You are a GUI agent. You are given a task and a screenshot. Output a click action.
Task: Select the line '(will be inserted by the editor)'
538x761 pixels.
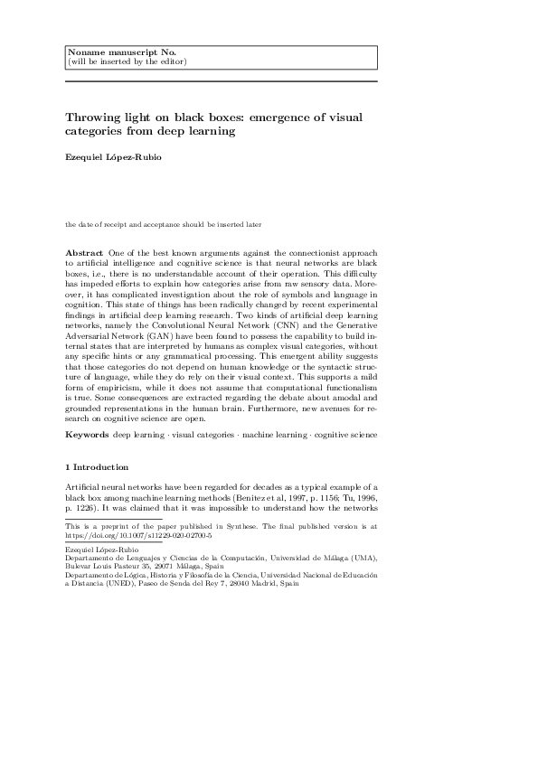click(x=127, y=61)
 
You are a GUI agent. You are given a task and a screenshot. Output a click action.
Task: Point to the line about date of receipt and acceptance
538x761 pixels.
click(x=164, y=223)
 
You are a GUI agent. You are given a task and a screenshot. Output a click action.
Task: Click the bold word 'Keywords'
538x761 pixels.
click(x=87, y=436)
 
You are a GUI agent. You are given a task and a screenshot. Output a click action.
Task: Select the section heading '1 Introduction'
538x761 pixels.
click(x=97, y=468)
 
